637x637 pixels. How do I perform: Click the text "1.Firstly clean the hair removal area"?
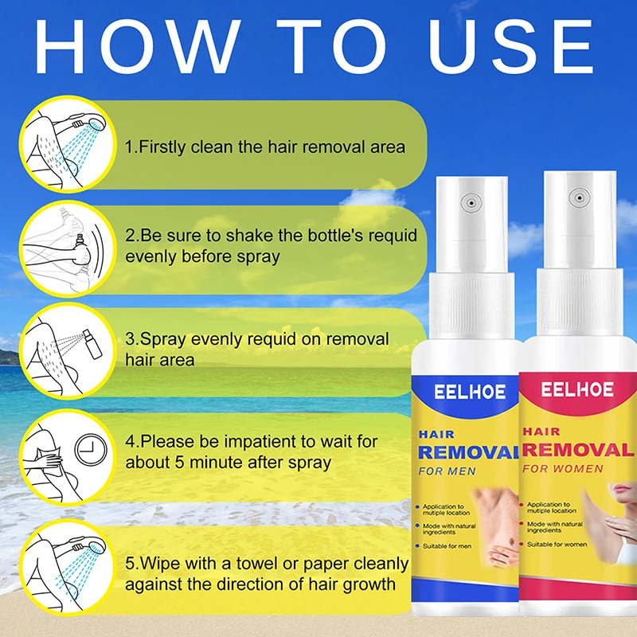(x=264, y=147)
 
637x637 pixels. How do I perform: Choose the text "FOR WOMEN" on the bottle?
(x=563, y=469)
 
